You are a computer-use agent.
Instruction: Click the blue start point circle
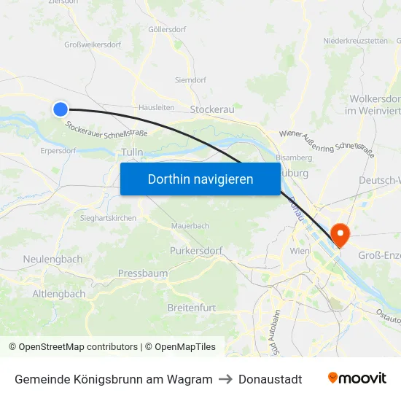(61, 109)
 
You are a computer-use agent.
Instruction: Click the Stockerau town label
(211, 109)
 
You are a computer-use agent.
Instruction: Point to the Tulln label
(132, 152)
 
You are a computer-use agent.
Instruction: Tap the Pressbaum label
(143, 273)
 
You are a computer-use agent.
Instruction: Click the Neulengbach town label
(52, 259)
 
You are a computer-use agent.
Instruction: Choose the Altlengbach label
(59, 294)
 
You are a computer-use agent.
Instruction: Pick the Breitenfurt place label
(192, 308)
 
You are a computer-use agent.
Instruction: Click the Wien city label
(300, 251)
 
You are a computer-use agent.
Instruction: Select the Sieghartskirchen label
(107, 217)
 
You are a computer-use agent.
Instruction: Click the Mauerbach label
(190, 226)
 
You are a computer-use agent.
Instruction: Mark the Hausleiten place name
(156, 106)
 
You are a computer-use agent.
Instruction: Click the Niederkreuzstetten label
(356, 41)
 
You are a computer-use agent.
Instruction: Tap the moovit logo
(357, 378)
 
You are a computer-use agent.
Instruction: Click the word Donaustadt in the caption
(270, 379)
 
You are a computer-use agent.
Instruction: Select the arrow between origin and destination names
(225, 379)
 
